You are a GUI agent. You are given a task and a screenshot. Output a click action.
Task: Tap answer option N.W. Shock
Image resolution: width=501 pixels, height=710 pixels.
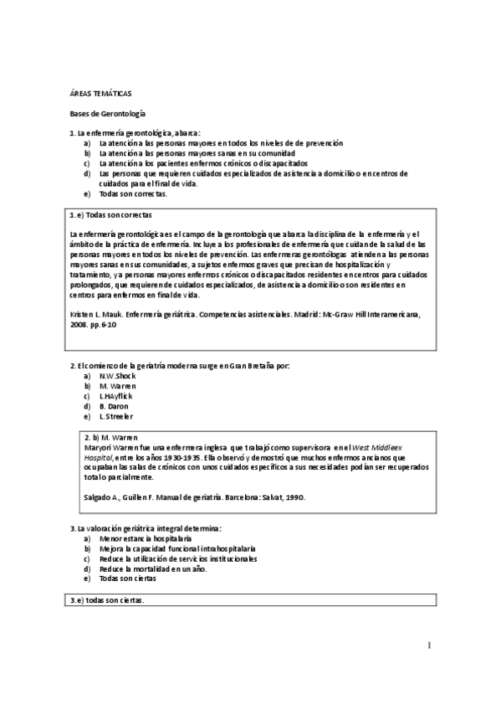click(117, 376)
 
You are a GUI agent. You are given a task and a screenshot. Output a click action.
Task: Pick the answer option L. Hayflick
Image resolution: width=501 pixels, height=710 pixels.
click(118, 396)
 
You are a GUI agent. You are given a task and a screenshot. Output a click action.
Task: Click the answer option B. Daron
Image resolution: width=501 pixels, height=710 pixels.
click(114, 406)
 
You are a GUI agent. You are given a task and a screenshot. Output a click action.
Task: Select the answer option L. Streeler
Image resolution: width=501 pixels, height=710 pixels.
click(115, 416)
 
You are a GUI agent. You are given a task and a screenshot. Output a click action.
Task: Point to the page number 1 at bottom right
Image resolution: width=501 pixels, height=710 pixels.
click(428, 646)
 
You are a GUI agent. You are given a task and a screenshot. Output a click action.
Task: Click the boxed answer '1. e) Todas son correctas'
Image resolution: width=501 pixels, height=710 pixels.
click(111, 215)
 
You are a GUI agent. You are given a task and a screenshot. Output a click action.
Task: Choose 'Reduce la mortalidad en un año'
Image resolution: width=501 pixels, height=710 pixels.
click(152, 569)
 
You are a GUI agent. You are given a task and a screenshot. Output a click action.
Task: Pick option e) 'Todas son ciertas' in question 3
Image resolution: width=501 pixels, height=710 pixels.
click(127, 579)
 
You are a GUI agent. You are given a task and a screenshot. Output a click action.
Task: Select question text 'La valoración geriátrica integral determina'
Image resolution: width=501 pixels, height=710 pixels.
click(151, 529)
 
